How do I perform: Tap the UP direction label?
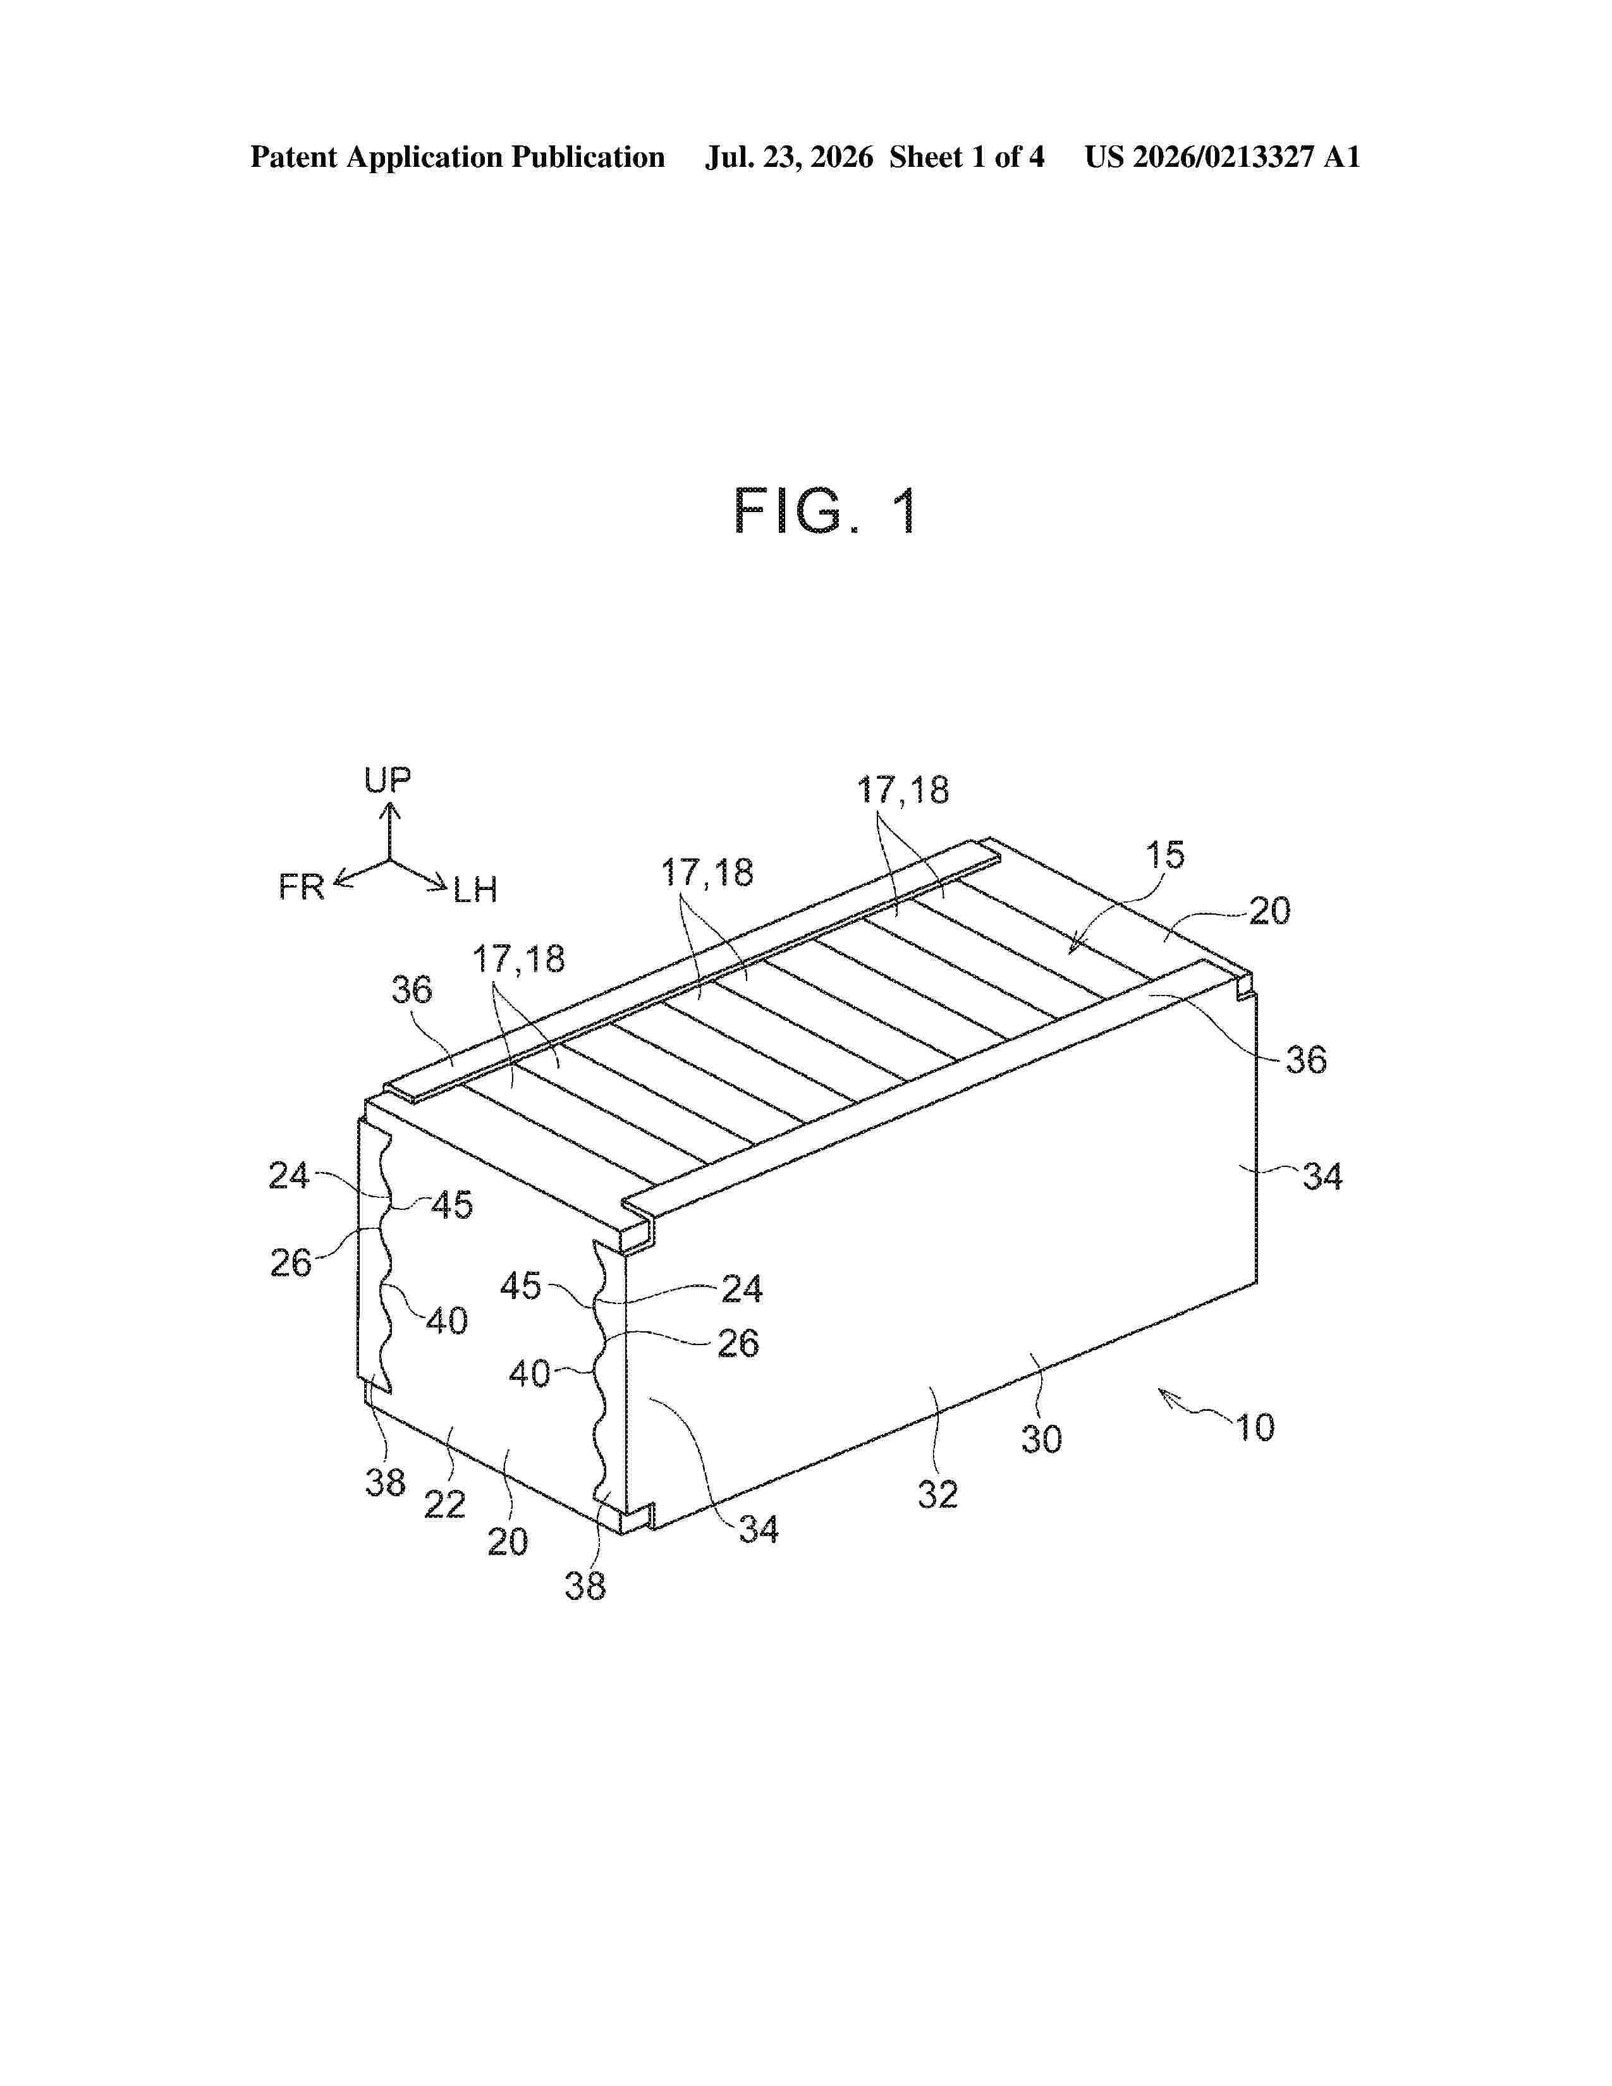(x=388, y=780)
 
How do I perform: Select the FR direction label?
(x=302, y=887)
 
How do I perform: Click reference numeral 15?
(x=1165, y=855)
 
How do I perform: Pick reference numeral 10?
(x=1255, y=1428)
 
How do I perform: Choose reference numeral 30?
(x=1041, y=1439)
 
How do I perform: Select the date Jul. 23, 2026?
(x=789, y=157)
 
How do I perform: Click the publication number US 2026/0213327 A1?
(x=1223, y=157)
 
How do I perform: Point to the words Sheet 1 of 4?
(x=967, y=157)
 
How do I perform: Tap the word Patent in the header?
(x=294, y=157)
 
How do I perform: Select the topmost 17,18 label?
(x=903, y=791)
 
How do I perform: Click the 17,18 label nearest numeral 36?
(x=518, y=959)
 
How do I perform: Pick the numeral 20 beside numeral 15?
(x=1270, y=911)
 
